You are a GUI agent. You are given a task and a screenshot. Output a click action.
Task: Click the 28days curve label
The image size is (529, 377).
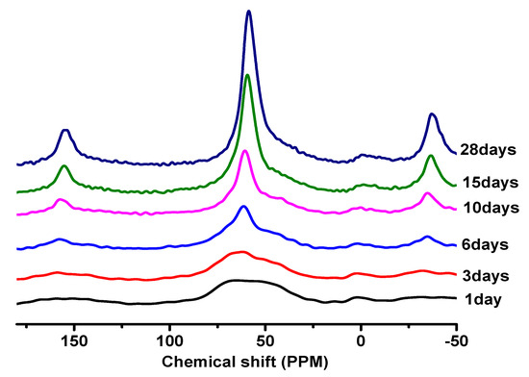(x=490, y=149)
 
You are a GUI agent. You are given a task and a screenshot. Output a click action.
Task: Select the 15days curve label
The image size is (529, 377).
(x=490, y=181)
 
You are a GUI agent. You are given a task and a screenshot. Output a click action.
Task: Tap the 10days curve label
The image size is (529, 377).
(x=490, y=208)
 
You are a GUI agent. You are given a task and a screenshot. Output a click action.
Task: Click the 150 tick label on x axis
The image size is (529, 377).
(x=74, y=339)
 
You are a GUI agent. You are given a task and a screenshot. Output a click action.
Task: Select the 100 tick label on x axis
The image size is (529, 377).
(x=169, y=339)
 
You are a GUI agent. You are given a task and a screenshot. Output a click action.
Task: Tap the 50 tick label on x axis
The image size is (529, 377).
(x=264, y=339)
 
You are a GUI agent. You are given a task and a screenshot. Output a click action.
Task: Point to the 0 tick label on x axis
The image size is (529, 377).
(x=360, y=339)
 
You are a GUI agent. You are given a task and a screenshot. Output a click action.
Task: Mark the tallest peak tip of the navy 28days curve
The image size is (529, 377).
(x=249, y=12)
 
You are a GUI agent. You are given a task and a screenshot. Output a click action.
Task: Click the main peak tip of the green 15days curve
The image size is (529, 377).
(x=248, y=75)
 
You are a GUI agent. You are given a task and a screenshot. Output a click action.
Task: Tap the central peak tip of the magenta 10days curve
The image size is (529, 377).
(x=245, y=151)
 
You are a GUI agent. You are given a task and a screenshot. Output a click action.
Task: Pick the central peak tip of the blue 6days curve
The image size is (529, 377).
(x=243, y=207)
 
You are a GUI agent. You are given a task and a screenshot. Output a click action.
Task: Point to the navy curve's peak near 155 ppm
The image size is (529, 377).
(x=64, y=130)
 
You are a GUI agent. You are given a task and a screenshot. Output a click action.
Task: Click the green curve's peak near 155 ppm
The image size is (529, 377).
(x=64, y=166)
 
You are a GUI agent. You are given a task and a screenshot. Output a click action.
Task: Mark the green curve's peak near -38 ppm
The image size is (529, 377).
(x=431, y=156)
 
